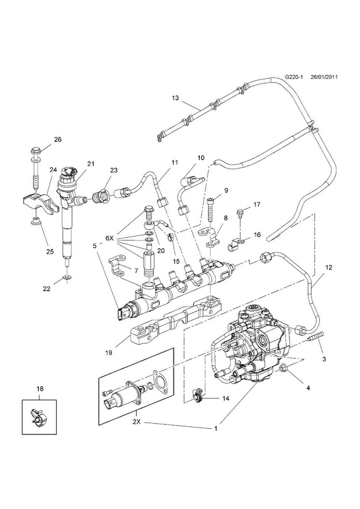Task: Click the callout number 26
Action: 57,139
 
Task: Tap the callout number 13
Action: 176,98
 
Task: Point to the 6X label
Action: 109,237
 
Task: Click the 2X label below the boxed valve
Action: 137,422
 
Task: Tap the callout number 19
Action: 108,353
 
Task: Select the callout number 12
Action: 328,268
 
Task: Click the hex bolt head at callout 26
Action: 36,151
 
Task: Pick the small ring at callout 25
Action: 36,222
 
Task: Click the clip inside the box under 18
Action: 38,417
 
